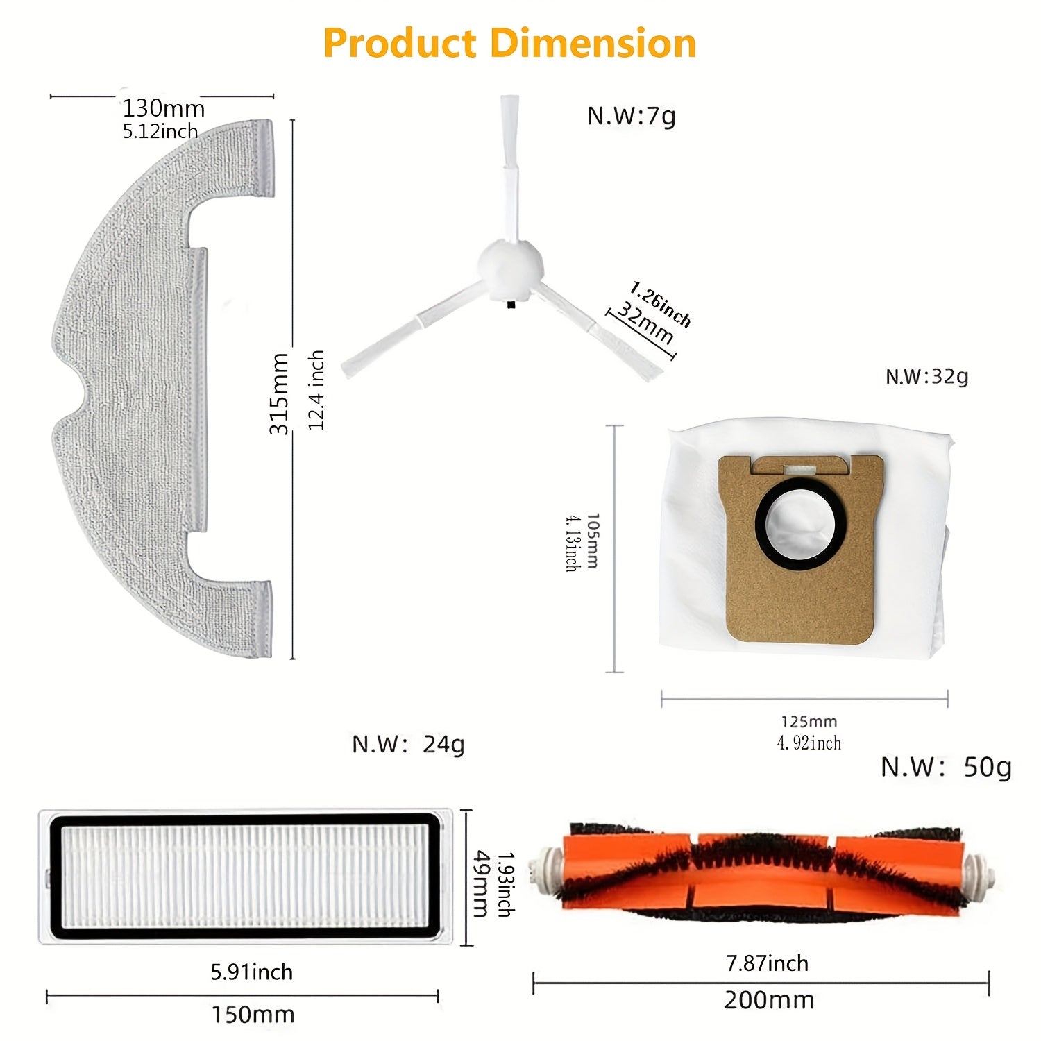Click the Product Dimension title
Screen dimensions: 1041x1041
(x=509, y=43)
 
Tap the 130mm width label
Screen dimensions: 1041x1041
(x=164, y=108)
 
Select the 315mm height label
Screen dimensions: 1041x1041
(x=279, y=393)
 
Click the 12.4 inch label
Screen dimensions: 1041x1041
(x=316, y=390)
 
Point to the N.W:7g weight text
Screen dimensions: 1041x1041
(x=631, y=115)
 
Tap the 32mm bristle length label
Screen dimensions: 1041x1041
(x=645, y=323)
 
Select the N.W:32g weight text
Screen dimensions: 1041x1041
(x=926, y=377)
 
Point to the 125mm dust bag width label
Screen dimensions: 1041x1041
(x=809, y=722)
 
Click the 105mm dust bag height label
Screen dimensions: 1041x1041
(x=591, y=541)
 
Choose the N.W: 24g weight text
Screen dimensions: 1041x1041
(x=408, y=744)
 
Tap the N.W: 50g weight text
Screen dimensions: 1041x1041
(x=946, y=767)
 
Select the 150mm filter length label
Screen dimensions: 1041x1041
(x=253, y=1015)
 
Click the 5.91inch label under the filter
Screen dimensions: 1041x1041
(x=252, y=972)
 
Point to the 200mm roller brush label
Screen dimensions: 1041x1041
(x=769, y=1000)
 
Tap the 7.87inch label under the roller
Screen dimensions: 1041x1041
(x=767, y=963)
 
